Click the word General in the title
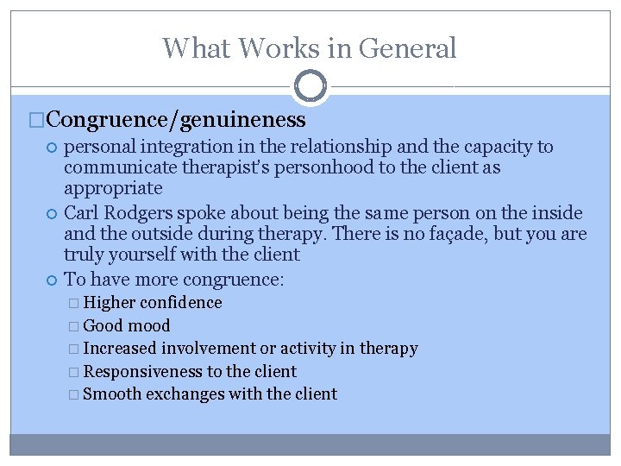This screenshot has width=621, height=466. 406,47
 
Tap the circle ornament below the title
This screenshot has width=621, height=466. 310,86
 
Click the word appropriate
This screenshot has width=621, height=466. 113,188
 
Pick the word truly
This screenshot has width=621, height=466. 83,255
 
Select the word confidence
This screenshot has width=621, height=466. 181,303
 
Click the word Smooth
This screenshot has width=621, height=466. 112,394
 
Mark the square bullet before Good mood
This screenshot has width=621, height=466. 75,326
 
